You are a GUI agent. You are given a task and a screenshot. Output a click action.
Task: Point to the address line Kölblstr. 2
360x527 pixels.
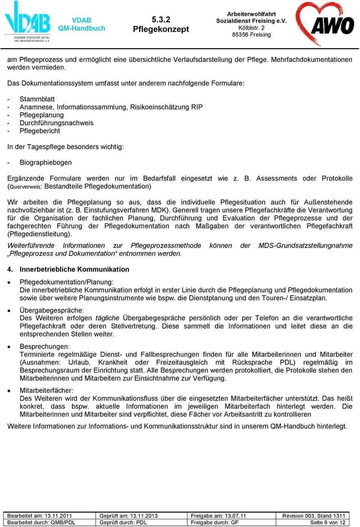[251, 28]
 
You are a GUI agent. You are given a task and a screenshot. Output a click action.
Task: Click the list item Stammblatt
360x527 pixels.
[37, 99]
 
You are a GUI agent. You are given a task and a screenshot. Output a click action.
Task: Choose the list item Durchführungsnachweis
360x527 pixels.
[57, 123]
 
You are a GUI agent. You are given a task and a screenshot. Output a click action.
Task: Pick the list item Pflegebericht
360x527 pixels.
[39, 131]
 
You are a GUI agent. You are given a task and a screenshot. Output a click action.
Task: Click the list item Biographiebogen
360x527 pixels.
[45, 162]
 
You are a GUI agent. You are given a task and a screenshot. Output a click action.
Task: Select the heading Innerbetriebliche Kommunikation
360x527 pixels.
[74, 269]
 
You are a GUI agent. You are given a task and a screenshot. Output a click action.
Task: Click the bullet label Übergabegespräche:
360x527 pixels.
[52, 310]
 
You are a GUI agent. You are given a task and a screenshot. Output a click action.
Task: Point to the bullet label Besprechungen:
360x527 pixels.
[45, 346]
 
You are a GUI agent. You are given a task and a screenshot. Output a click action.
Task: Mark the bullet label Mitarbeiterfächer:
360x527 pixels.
[46, 390]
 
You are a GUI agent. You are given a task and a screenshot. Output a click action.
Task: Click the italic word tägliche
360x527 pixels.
[107, 318]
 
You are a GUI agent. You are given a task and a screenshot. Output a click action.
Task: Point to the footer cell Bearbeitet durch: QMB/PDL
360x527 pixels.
[41, 522]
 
